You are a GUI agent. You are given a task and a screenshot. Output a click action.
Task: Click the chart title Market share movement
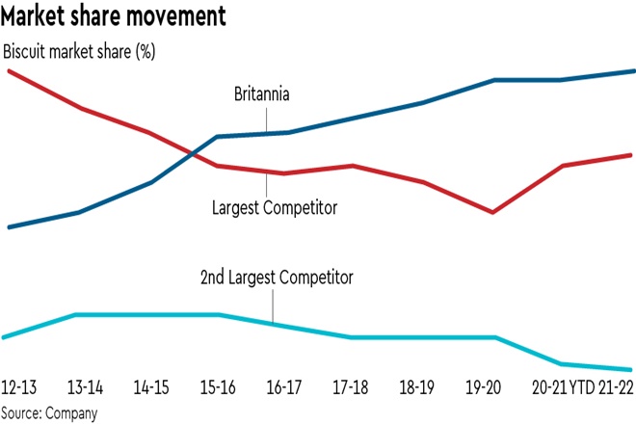[x=115, y=16]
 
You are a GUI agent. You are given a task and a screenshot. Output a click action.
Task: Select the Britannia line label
[x=262, y=94]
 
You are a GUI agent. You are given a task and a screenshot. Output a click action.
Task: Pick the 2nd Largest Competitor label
[x=278, y=278]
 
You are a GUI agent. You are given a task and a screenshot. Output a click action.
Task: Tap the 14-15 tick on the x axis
[x=152, y=386]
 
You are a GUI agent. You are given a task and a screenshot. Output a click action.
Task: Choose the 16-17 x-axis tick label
[x=286, y=386]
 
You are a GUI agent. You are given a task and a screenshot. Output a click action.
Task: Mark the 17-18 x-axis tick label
[x=352, y=386]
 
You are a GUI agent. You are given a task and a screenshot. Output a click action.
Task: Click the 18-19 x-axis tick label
[x=419, y=386]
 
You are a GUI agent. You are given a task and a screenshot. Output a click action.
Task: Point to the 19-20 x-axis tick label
[x=485, y=386]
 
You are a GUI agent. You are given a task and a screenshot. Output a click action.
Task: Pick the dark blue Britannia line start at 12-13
[x=9, y=227]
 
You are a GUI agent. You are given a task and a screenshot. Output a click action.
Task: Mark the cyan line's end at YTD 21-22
[x=631, y=369]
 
